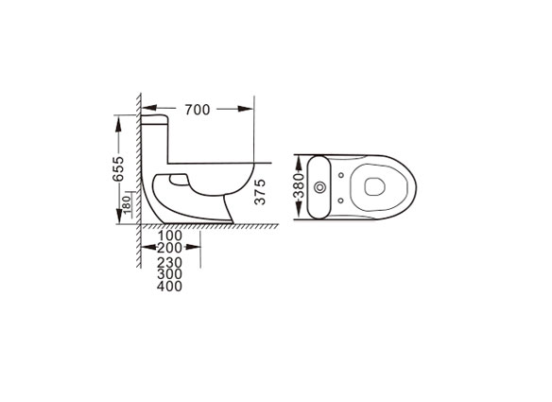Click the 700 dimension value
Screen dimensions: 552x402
point(198,110)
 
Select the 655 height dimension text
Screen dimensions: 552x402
point(118,168)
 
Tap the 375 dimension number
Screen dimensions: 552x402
point(260,192)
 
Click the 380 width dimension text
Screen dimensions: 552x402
point(299,185)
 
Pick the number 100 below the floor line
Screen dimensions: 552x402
point(170,236)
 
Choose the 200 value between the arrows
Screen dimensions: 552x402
point(170,248)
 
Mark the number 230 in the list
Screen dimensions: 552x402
point(170,263)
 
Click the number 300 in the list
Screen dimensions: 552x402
point(170,274)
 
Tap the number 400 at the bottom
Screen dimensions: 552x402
point(170,286)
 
